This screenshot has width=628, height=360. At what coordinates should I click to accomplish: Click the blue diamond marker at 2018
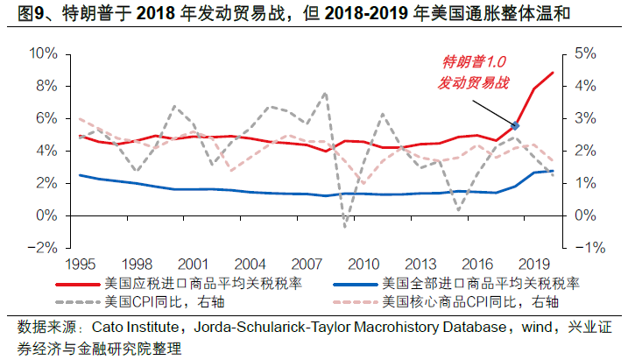(x=515, y=126)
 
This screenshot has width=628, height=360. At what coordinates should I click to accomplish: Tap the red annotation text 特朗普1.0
(x=474, y=63)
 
